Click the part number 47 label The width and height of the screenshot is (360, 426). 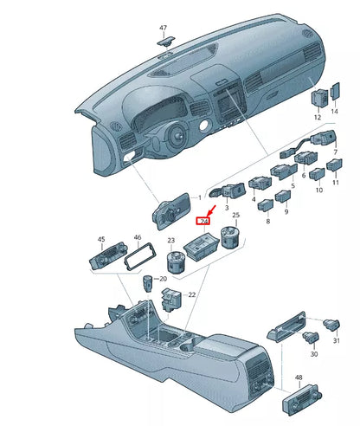[164, 29]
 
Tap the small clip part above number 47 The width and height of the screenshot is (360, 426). [164, 40]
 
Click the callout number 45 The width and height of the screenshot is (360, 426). [101, 239]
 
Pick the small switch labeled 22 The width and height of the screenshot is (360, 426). [170, 299]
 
